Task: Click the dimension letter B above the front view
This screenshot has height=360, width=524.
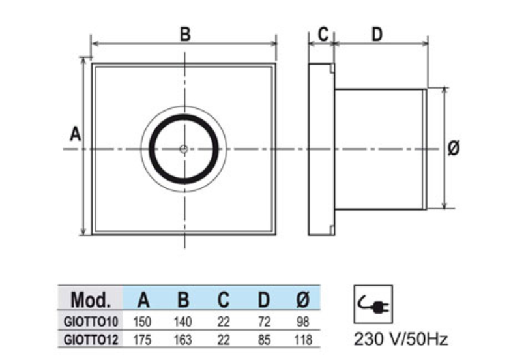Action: (185, 35)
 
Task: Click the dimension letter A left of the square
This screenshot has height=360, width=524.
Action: (75, 134)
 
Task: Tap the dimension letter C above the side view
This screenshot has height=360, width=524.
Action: (323, 34)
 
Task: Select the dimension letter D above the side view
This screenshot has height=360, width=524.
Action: (377, 35)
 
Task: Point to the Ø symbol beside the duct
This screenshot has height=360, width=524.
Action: (453, 148)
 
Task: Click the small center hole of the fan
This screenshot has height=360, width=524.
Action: (184, 149)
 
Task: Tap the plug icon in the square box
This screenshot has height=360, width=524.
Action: (373, 304)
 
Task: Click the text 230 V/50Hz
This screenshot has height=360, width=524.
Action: (401, 339)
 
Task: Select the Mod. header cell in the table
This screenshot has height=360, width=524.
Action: (90, 299)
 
